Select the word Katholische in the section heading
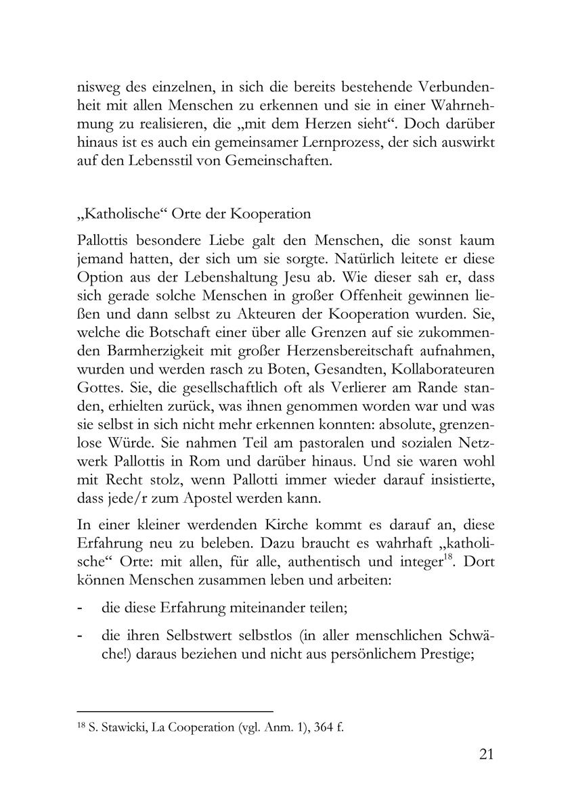pos(118,215)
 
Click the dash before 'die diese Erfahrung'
pos(81,608)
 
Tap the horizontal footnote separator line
pos(175,711)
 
